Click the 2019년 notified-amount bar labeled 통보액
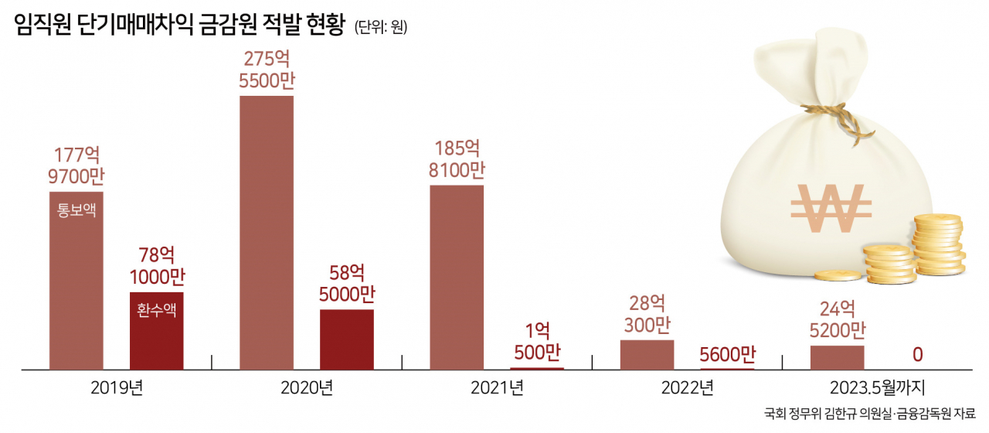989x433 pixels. [76, 281]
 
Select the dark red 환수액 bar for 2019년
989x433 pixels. [157, 330]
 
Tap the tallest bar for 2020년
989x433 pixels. [267, 233]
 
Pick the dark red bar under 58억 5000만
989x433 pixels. [347, 339]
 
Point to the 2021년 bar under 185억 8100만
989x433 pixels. [457, 277]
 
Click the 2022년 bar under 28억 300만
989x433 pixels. [647, 355]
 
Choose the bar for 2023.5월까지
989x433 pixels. [838, 357]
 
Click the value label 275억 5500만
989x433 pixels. [267, 70]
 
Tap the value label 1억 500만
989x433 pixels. [537, 342]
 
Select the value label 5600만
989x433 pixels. [728, 354]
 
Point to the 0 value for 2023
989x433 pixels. [917, 355]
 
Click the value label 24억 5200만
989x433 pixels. [838, 319]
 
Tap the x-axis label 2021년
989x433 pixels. [497, 388]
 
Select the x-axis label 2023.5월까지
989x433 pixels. [877, 388]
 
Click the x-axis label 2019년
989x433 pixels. [117, 388]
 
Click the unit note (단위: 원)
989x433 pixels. [381, 27]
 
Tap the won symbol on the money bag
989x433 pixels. [831, 208]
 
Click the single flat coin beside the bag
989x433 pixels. [838, 276]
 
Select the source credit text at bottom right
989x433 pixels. [870, 414]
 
